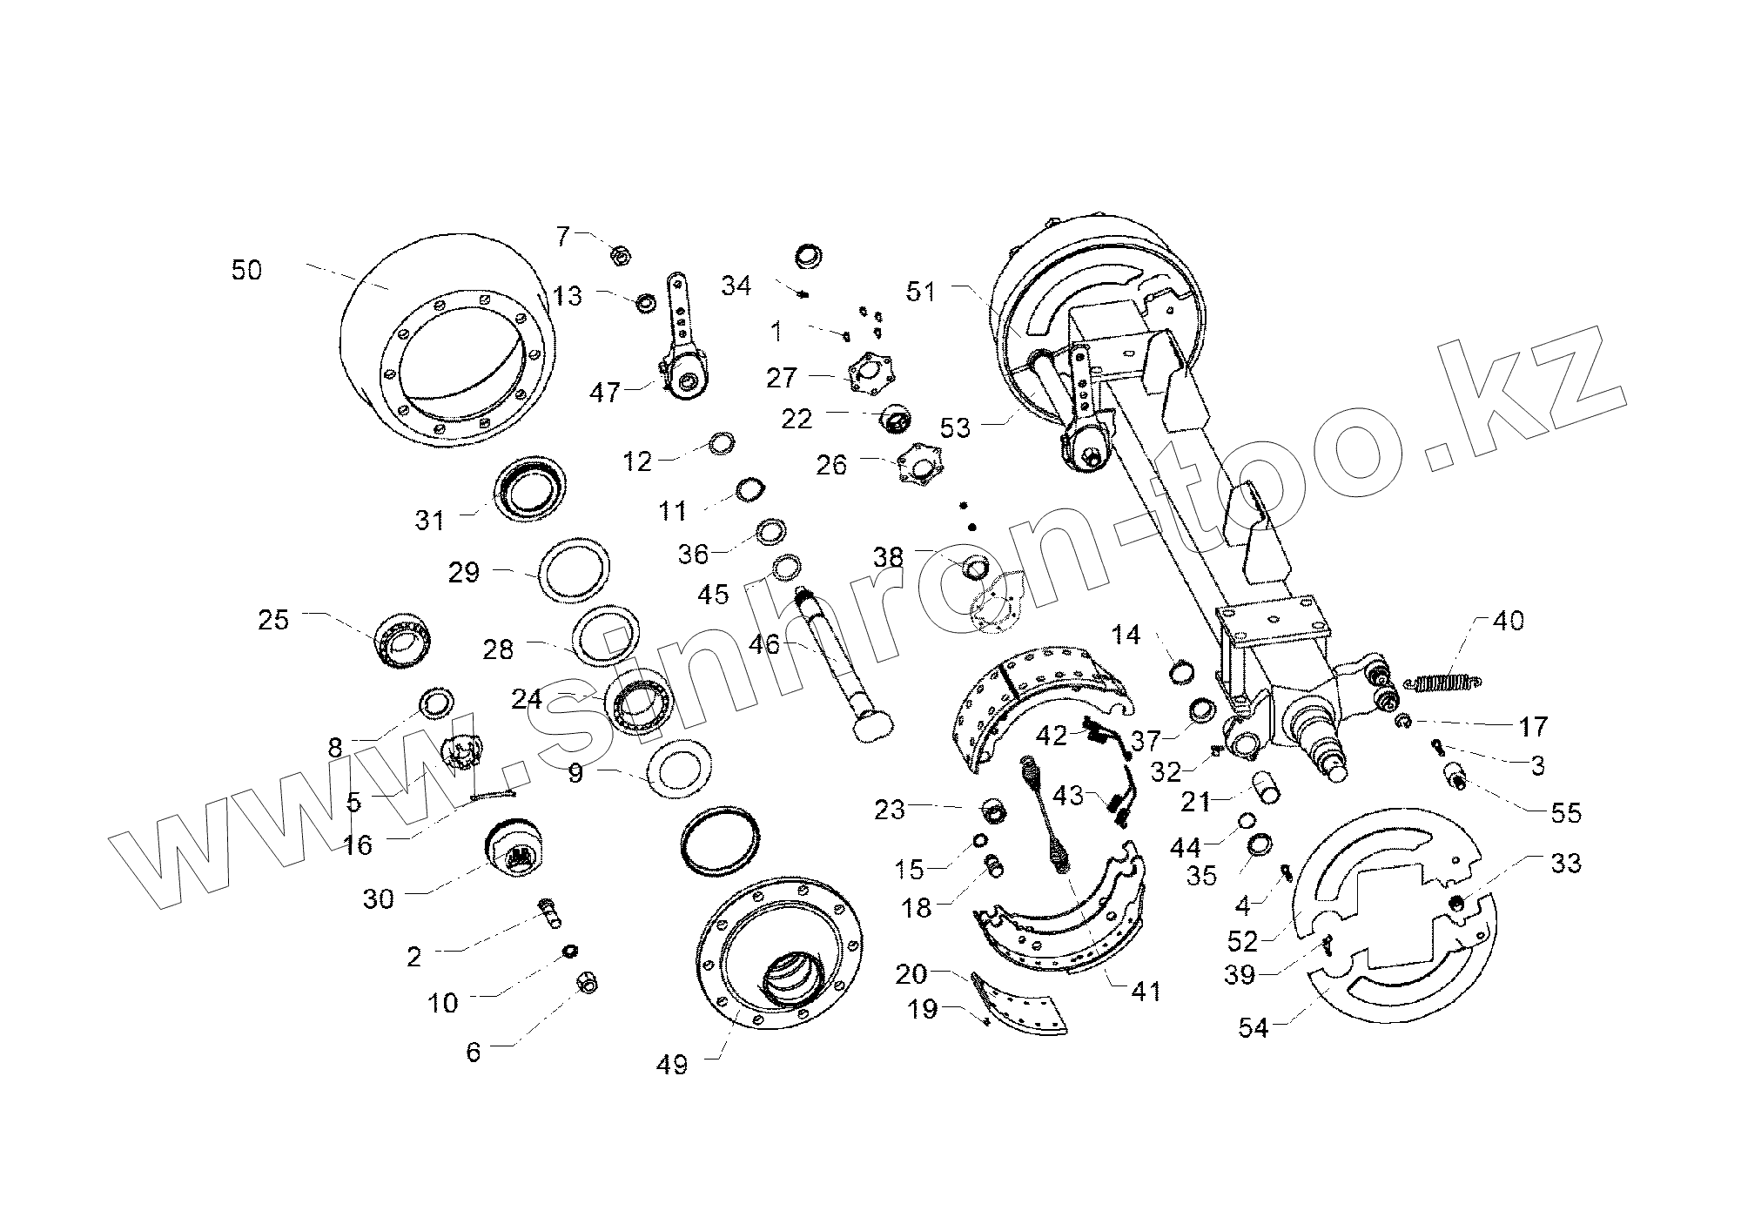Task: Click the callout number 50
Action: (x=246, y=270)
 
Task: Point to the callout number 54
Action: (x=1254, y=1028)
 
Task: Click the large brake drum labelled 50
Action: (x=444, y=340)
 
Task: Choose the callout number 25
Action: (x=273, y=622)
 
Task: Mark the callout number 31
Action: (x=430, y=521)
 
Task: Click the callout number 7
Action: (x=563, y=236)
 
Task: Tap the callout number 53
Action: (x=955, y=427)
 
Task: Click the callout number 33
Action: (x=1565, y=864)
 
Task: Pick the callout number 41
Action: (x=1145, y=991)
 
